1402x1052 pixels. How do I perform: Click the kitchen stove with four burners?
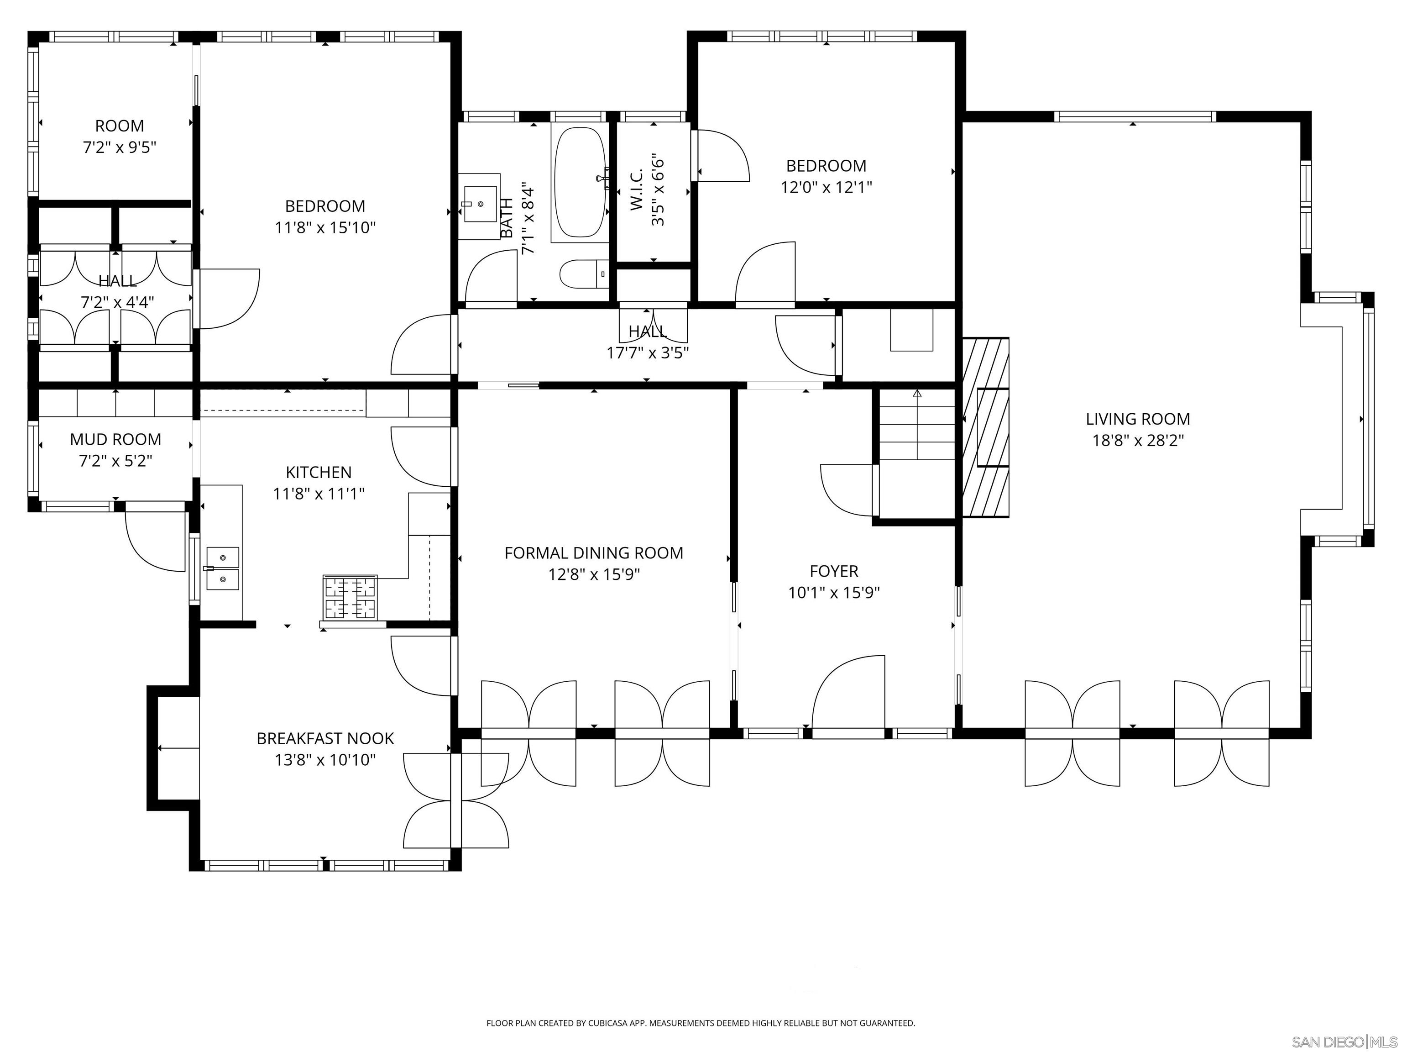[x=350, y=597]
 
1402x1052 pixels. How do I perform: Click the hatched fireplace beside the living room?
[x=986, y=428]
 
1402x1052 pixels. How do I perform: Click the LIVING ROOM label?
[x=1138, y=419]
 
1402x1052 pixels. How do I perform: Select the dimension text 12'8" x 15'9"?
[x=594, y=574]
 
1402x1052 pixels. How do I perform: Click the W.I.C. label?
[x=637, y=189]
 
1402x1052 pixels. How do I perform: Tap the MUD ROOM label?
[x=115, y=439]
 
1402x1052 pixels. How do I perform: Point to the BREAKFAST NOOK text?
[x=325, y=739]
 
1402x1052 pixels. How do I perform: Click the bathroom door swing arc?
[x=491, y=277]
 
